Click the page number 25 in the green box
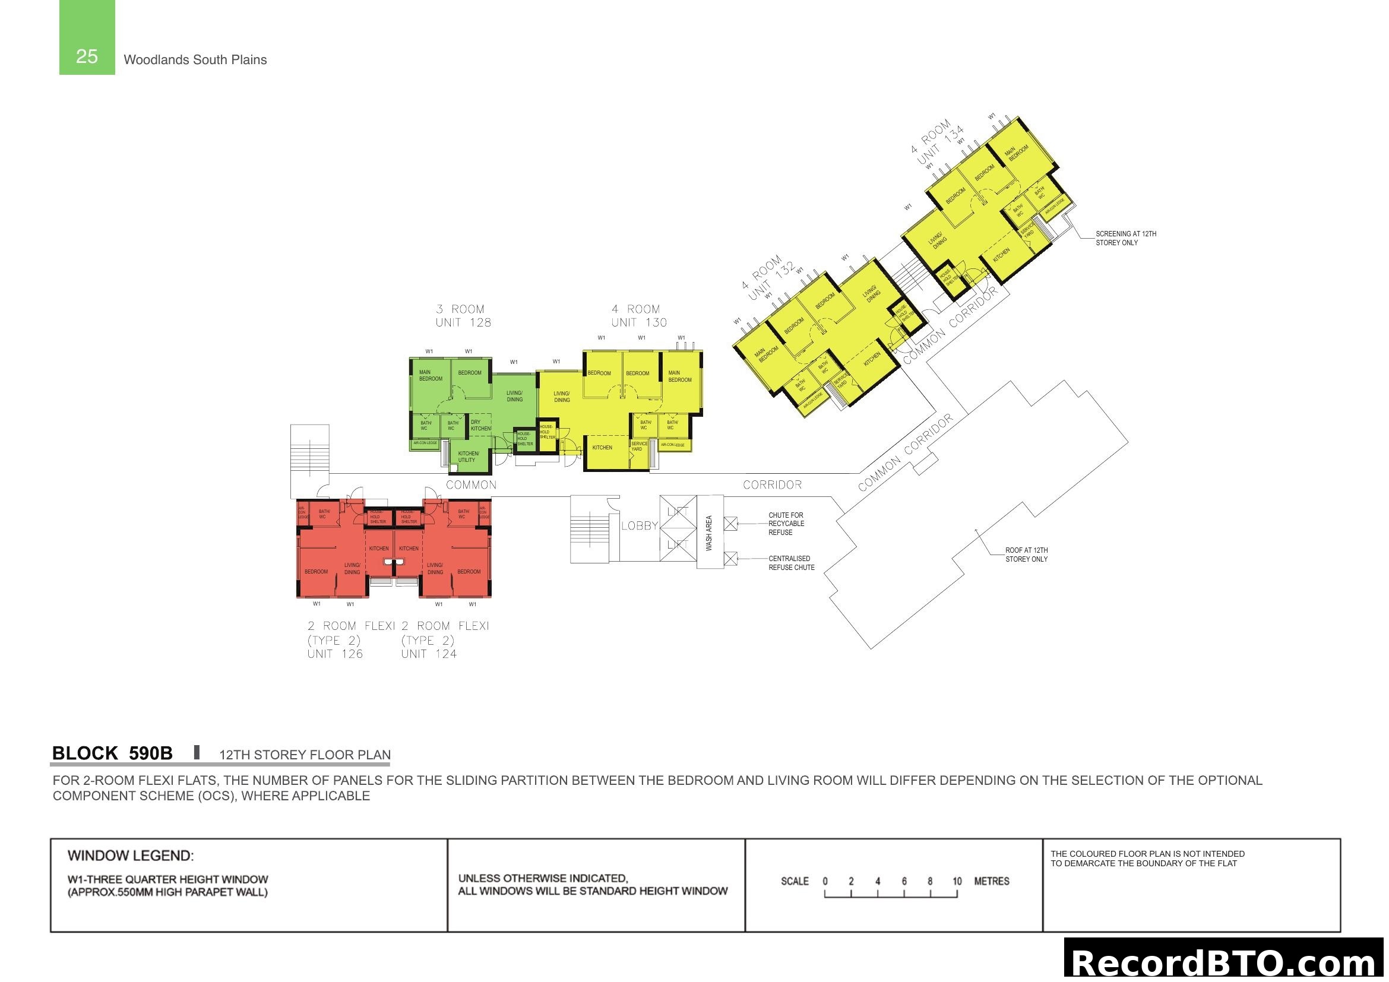(87, 56)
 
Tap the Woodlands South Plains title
(195, 60)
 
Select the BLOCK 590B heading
(112, 753)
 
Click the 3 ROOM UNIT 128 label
(463, 316)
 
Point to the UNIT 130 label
(639, 322)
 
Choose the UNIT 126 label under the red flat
(334, 654)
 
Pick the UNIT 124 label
(428, 654)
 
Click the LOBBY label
(639, 525)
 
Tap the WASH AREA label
(709, 533)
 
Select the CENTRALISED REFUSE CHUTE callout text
(791, 563)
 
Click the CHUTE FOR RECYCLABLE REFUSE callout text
(786, 524)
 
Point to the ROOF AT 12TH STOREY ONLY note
(1027, 555)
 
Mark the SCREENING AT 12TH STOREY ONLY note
(1125, 238)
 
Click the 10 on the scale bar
(957, 881)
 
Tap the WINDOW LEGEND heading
(131, 856)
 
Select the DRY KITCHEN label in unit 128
(480, 425)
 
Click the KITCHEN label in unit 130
(602, 448)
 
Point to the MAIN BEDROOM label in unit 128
(430, 375)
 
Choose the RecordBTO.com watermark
(1225, 961)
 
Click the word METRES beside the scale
(992, 881)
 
